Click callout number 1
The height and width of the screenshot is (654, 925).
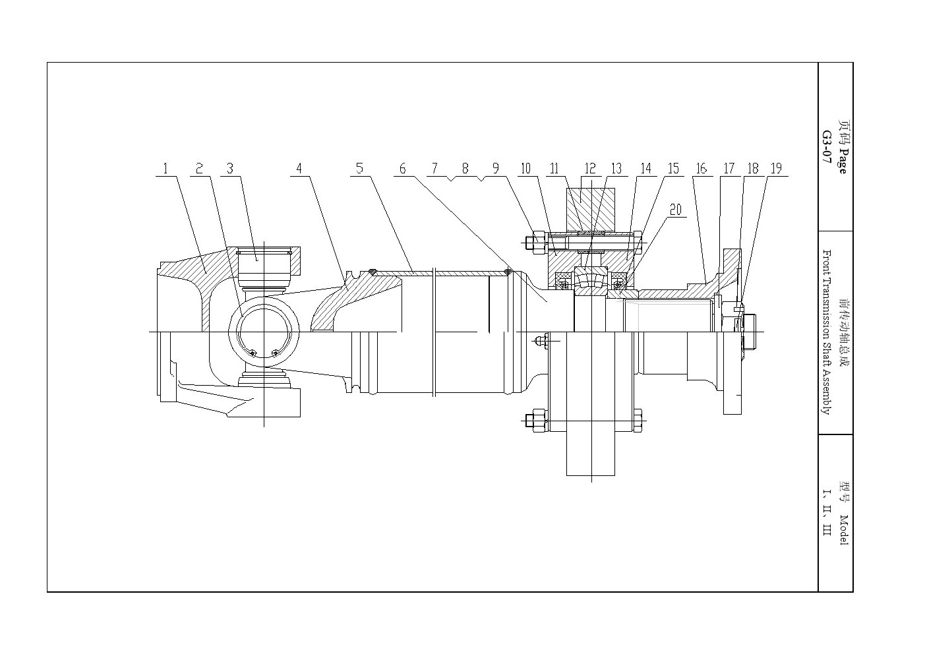[x=165, y=169]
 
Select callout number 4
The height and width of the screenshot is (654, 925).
[x=299, y=169]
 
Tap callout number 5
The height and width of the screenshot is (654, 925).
[x=360, y=169]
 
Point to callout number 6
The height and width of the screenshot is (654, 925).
[x=403, y=169]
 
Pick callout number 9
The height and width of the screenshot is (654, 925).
[x=496, y=169]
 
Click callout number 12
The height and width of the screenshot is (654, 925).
[x=590, y=169]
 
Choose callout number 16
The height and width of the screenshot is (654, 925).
[x=701, y=169]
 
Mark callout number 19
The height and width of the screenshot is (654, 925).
[x=777, y=169]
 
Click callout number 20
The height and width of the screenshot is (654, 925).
[x=676, y=210]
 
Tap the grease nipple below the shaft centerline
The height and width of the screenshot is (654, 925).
[x=541, y=341]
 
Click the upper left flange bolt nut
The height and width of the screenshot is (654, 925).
[x=539, y=243]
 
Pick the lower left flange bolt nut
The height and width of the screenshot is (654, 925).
[x=539, y=421]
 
